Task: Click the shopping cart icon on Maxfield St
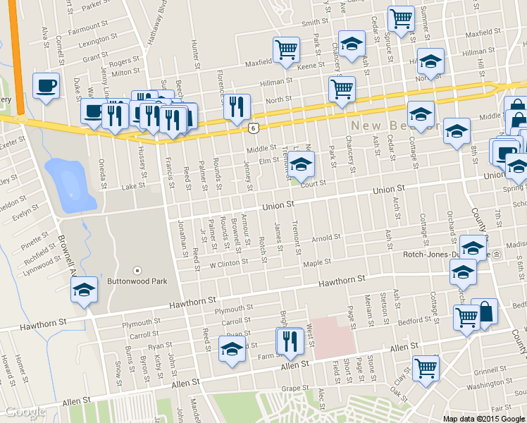[x=286, y=49]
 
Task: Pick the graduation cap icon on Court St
[x=301, y=164]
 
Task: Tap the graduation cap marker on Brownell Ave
[x=84, y=289]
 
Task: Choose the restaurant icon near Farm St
[x=290, y=341]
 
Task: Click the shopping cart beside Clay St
[x=426, y=367]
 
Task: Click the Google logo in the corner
[x=25, y=412]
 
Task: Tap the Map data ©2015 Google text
[x=483, y=418]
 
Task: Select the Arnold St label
[x=326, y=238]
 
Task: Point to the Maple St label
[x=316, y=263]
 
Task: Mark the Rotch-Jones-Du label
[x=430, y=255]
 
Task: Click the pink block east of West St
[x=333, y=336]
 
